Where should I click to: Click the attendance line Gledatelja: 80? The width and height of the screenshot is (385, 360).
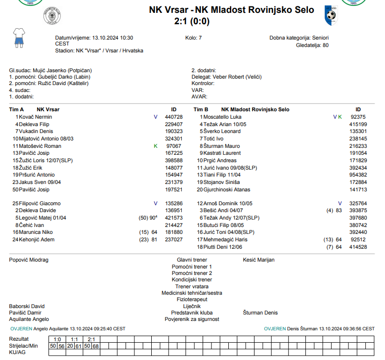[312, 45]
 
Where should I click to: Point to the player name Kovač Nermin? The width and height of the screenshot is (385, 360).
[36, 117]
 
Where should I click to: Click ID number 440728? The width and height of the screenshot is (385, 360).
[173, 117]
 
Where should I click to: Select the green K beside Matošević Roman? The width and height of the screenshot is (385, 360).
[155, 146]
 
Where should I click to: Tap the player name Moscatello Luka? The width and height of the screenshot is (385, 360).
[222, 117]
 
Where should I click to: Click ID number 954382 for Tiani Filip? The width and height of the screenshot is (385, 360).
[358, 175]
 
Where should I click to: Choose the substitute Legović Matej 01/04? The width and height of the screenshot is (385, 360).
[42, 218]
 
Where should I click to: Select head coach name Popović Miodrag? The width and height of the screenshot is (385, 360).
[29, 260]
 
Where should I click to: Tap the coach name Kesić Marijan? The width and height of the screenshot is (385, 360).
[258, 260]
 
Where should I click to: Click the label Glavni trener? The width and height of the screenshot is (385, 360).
[192, 260]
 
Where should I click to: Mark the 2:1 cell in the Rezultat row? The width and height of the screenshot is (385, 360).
[91, 339]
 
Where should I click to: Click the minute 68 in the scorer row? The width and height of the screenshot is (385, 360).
[95, 346]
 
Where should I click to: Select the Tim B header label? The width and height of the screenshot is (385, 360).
[201, 109]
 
